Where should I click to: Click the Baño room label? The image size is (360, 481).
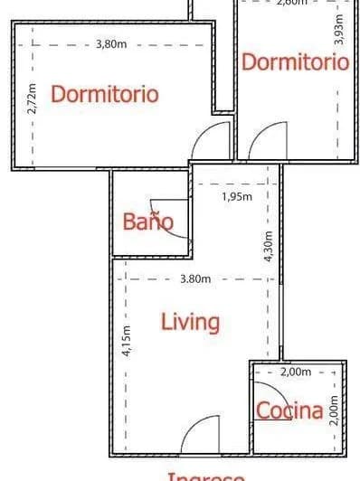click(147, 222)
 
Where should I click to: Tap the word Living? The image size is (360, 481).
click(190, 321)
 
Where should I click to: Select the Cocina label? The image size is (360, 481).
click(289, 411)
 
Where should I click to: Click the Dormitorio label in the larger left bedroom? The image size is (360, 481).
click(105, 94)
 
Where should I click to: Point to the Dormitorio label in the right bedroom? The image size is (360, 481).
click(295, 62)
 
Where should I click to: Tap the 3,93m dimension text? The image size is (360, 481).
click(339, 28)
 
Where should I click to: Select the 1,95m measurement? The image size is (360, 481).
click(237, 194)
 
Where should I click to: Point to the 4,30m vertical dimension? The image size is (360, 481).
click(269, 243)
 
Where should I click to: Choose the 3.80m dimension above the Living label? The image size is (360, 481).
click(195, 278)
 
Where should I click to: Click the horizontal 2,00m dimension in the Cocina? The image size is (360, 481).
click(296, 372)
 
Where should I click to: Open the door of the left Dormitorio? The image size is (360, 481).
click(213, 140)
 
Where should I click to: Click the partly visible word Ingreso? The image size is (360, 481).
click(205, 476)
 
